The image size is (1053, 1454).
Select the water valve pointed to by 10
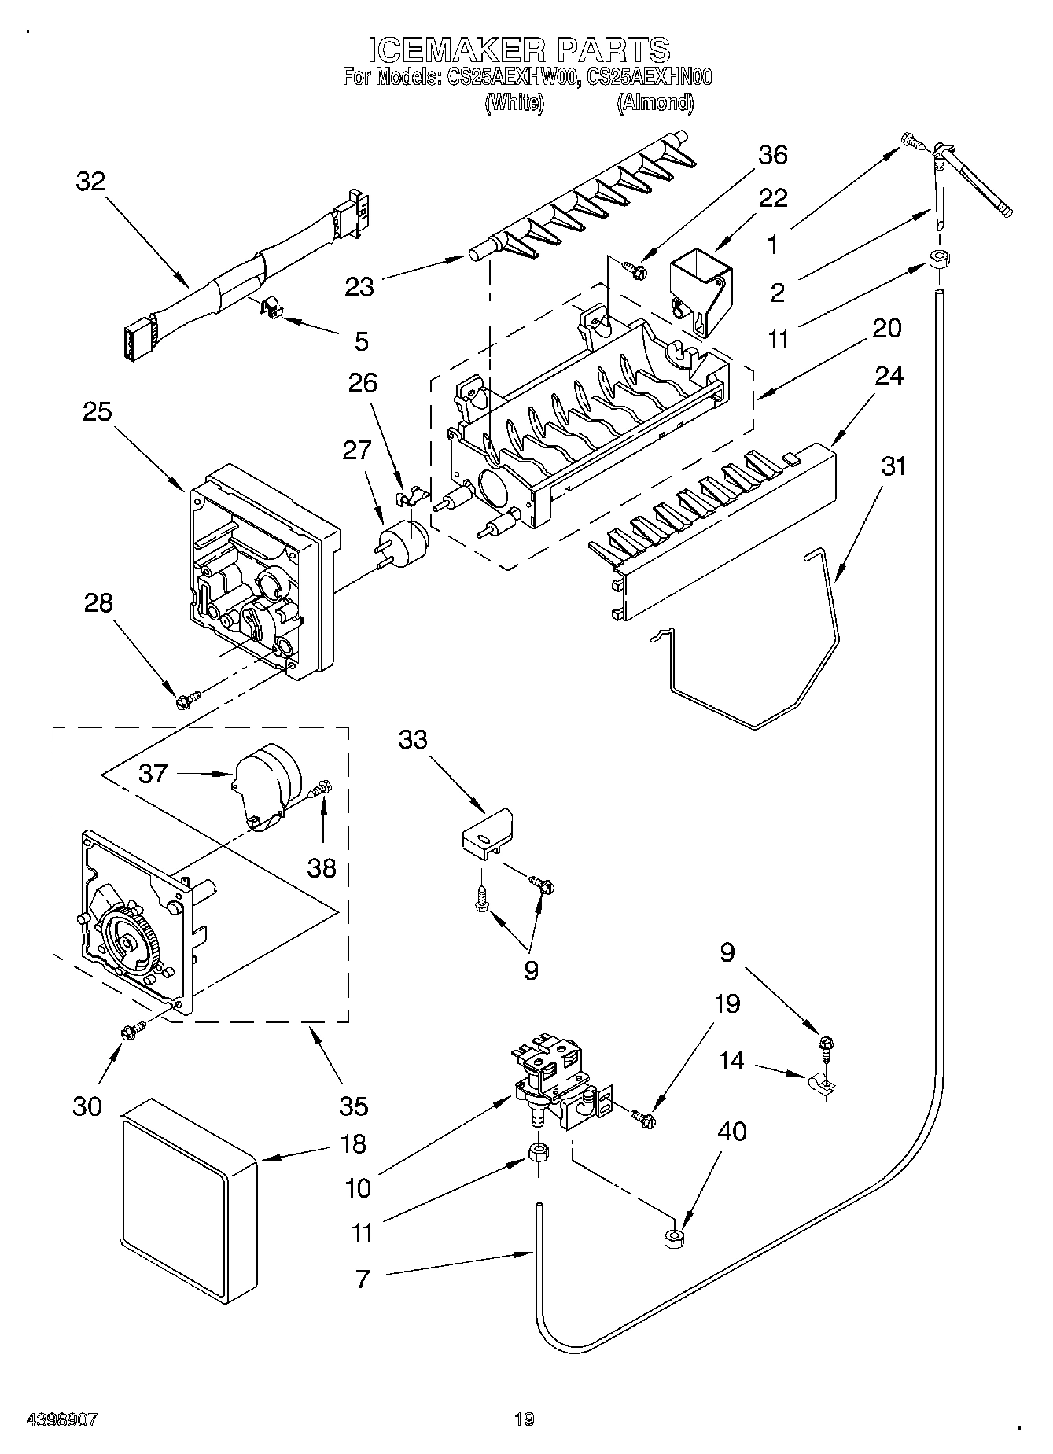tap(555, 1082)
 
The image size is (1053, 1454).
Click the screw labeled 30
tap(131, 1030)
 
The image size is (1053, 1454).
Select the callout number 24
tap(889, 376)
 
